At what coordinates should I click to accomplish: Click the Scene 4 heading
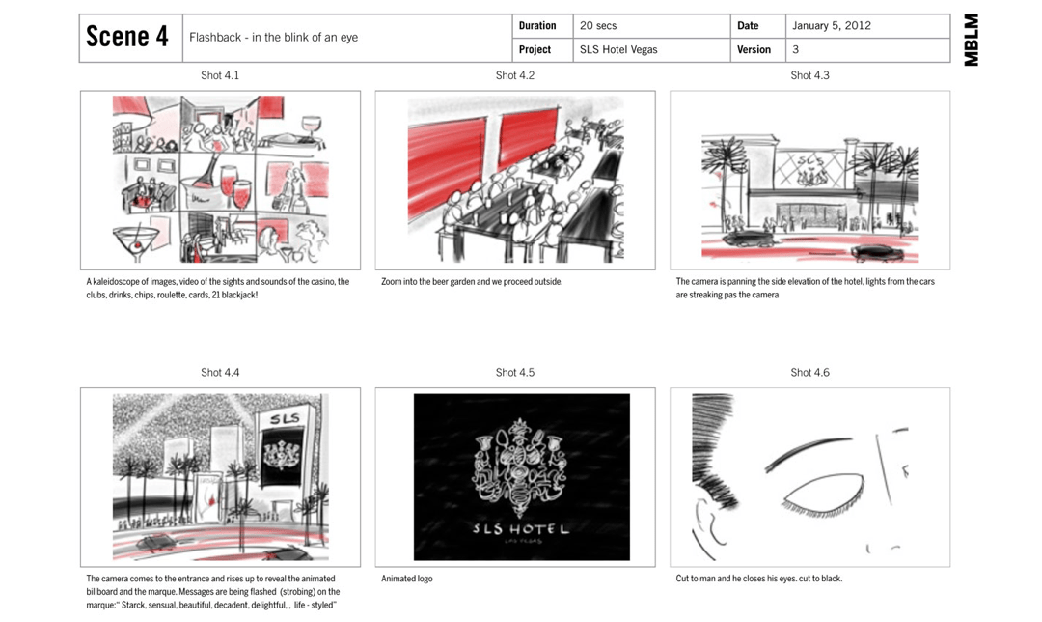click(127, 37)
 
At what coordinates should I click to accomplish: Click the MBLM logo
click(971, 40)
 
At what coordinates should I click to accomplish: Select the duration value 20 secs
click(598, 26)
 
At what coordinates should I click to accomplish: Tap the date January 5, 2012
click(832, 26)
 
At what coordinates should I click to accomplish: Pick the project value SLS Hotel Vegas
click(618, 50)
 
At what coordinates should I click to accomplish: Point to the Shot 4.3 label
click(809, 76)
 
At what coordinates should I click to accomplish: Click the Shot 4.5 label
click(515, 373)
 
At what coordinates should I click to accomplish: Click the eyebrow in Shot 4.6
click(808, 452)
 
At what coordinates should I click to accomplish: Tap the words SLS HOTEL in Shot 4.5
click(521, 529)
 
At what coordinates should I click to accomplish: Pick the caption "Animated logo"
click(407, 579)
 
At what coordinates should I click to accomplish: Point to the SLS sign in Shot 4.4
click(285, 418)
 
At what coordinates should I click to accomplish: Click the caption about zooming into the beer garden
click(472, 282)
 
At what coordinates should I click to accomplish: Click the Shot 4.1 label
click(220, 76)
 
